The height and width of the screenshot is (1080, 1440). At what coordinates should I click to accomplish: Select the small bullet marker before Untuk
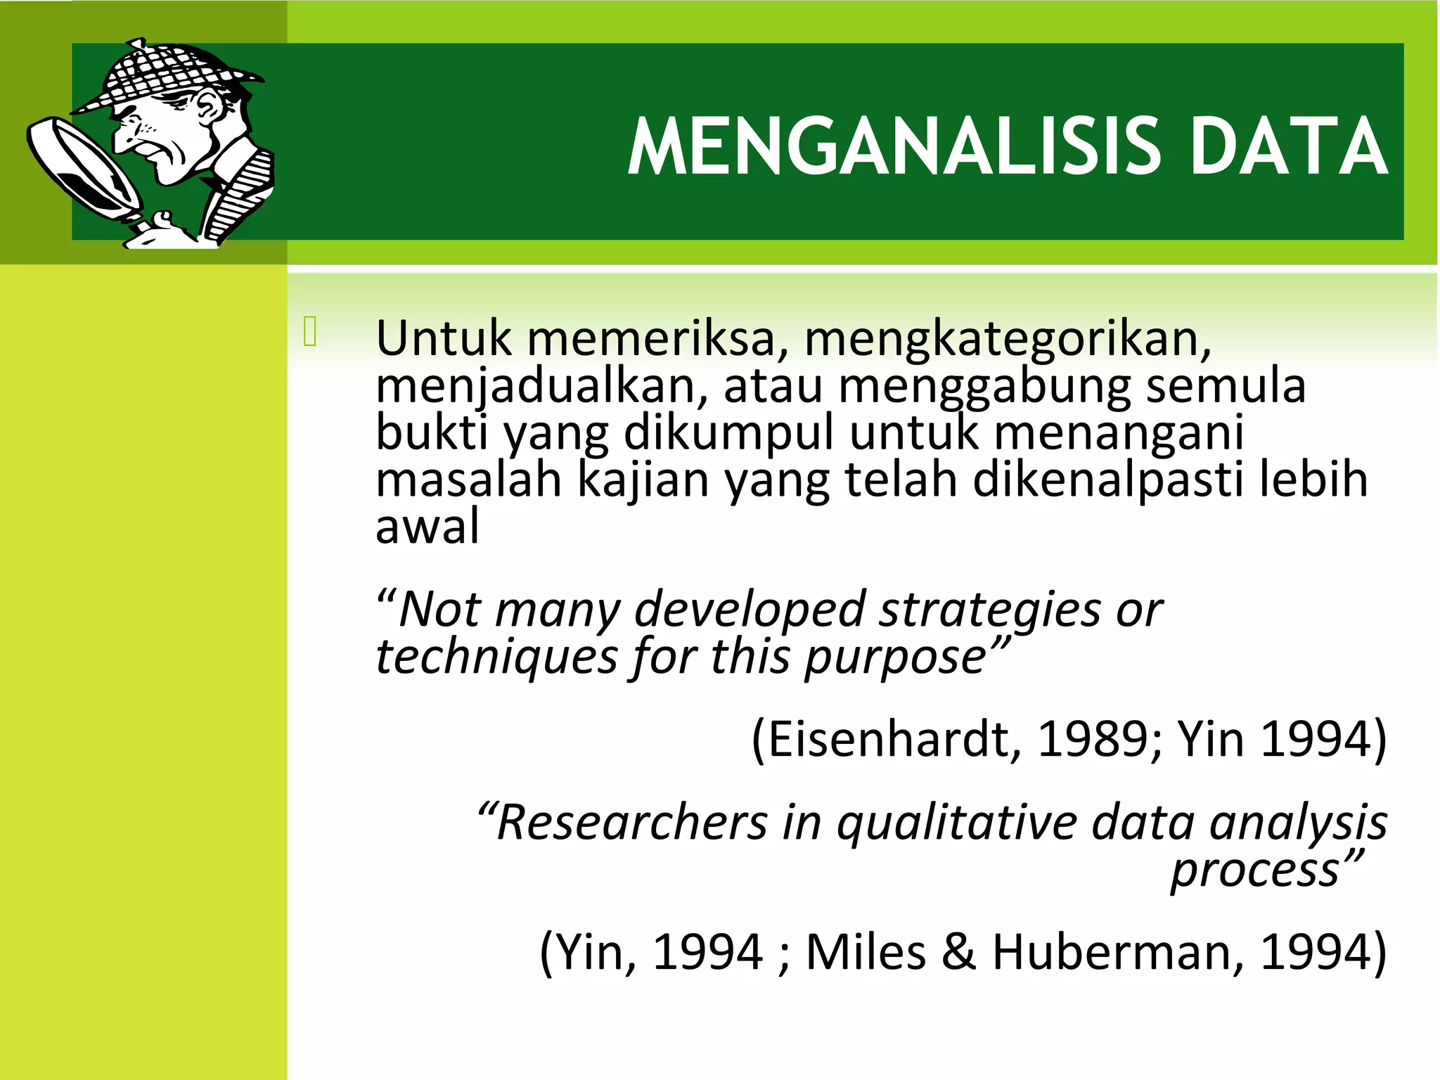(310, 332)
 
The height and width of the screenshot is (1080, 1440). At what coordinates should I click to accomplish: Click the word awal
(427, 527)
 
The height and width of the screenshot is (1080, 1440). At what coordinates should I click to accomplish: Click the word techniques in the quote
(496, 656)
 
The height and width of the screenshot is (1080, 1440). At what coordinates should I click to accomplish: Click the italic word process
(1255, 870)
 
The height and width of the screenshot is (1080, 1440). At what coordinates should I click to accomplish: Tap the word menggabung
(984, 386)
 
